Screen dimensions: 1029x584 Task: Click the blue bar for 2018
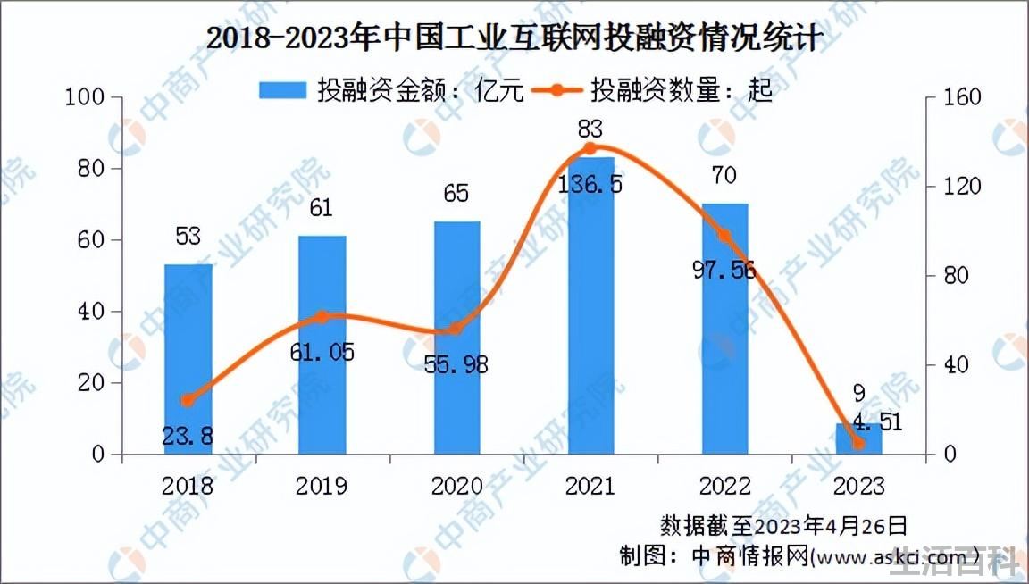pyautogui.click(x=188, y=359)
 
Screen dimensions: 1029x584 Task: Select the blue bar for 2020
pyautogui.click(x=456, y=338)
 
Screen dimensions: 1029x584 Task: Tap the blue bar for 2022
pyautogui.click(x=724, y=329)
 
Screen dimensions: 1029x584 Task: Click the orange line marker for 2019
pyautogui.click(x=322, y=318)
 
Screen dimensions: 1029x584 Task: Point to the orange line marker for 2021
pyautogui.click(x=590, y=148)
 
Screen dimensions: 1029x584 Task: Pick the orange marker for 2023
pyautogui.click(x=858, y=444)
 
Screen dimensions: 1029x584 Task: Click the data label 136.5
pyautogui.click(x=590, y=184)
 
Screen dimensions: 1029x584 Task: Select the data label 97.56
pyautogui.click(x=724, y=270)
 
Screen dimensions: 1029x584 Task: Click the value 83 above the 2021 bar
pyautogui.click(x=590, y=129)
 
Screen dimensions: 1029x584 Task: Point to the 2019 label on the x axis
pyautogui.click(x=322, y=487)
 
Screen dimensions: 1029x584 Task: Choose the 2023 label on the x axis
pyautogui.click(x=858, y=487)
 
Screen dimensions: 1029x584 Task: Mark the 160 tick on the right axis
pyautogui.click(x=962, y=97)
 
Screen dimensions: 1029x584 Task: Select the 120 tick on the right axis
pyautogui.click(x=962, y=187)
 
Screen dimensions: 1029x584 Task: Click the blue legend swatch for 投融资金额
pyautogui.click(x=283, y=90)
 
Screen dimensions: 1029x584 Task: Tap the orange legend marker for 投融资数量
pyautogui.click(x=557, y=90)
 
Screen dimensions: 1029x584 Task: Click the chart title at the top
pyautogui.click(x=514, y=38)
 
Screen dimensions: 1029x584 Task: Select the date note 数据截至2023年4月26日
pyautogui.click(x=783, y=526)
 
